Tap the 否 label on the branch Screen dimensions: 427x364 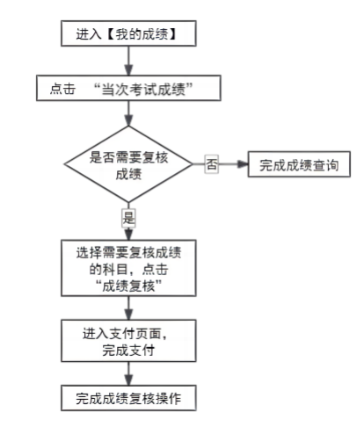[211, 164]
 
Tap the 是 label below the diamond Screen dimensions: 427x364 [129, 216]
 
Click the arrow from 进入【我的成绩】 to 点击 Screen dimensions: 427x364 [129, 62]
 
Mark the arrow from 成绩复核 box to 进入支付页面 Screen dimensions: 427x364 [129, 307]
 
